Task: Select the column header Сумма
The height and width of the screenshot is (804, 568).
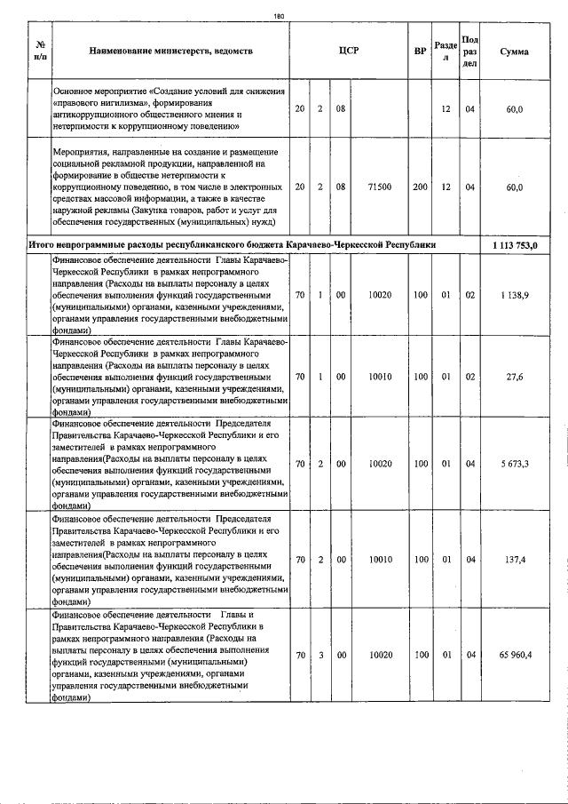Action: click(514, 52)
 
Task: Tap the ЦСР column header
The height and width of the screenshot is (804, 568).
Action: click(348, 52)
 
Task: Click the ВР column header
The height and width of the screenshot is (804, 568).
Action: click(420, 52)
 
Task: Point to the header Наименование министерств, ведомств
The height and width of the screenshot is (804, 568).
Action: click(171, 52)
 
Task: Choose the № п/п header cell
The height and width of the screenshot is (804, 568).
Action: click(40, 52)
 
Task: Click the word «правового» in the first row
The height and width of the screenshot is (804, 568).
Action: click(82, 104)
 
